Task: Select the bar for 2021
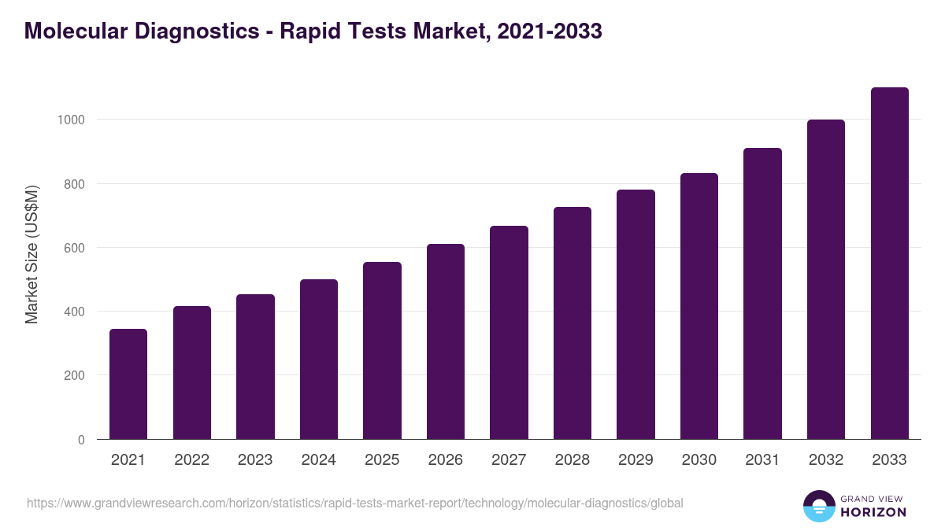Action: [128, 384]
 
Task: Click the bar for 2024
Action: [319, 360]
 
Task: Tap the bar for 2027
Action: [509, 333]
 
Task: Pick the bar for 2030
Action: [699, 306]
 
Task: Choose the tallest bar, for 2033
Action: [889, 264]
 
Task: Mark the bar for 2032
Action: [826, 279]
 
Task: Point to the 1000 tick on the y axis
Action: [71, 120]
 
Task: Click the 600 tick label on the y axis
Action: [74, 248]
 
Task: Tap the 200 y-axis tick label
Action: [74, 376]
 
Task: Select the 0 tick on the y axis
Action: [82, 440]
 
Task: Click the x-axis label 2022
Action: [191, 460]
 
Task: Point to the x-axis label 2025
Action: [382, 460]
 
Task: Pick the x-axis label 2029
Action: [636, 460]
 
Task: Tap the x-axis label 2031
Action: [762, 460]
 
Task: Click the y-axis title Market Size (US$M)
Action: [31, 255]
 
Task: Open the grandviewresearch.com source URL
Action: [355, 503]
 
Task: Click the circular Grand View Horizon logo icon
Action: [819, 506]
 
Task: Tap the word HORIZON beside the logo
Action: [873, 512]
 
